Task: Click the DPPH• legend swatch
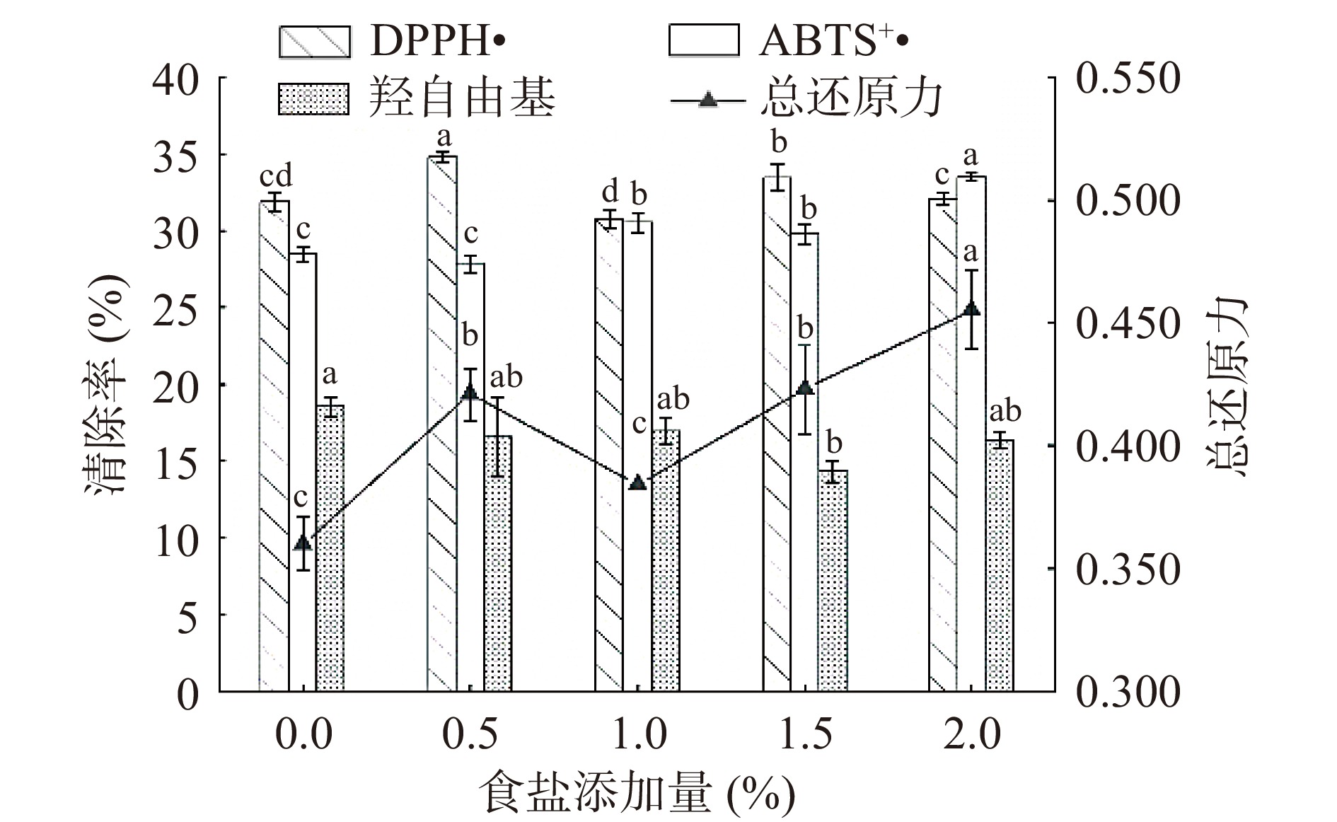coord(315,42)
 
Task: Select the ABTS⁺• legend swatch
coord(704,40)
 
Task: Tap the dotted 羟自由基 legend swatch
coord(315,99)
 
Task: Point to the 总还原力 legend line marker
coord(707,100)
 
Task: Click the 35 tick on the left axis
coord(175,155)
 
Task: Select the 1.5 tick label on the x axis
coord(805,734)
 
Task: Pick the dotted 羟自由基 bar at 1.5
coord(833,580)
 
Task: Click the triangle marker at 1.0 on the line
coord(638,482)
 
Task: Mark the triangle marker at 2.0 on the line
coord(971,309)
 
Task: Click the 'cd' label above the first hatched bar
coord(275,176)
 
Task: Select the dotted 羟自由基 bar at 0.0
coord(330,548)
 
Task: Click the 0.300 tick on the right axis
coord(1128,691)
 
